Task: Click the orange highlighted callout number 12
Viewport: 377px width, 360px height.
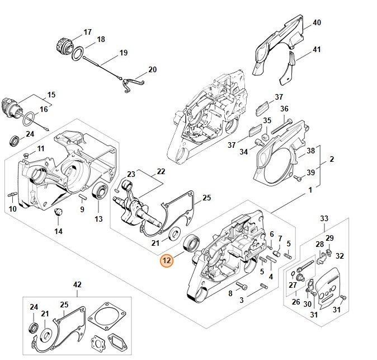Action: [x=166, y=260]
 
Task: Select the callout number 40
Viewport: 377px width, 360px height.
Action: [x=317, y=23]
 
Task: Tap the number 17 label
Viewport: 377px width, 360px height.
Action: [x=87, y=31]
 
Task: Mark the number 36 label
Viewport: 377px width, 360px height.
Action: [x=284, y=109]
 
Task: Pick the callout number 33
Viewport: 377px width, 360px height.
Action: [x=324, y=218]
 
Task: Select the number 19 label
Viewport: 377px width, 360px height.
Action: [x=123, y=54]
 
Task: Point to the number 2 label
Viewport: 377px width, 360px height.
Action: [x=332, y=160]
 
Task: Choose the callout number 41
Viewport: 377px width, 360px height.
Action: [x=317, y=49]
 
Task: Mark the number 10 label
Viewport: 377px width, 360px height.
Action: [x=13, y=209]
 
